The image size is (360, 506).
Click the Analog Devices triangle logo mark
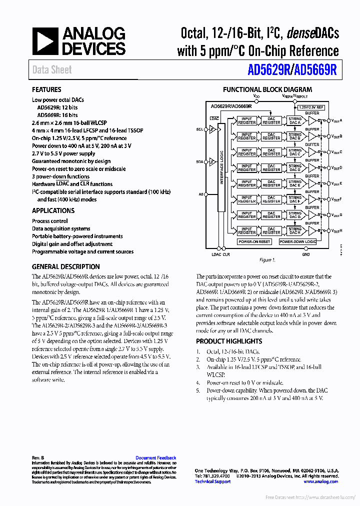[44, 41]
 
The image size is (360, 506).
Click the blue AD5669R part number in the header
[316, 70]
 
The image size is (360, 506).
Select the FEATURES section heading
[46, 90]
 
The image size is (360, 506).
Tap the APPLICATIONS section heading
[53, 210]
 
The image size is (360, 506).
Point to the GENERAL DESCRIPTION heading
[65, 266]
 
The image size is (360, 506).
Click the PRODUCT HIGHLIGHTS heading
[228, 341]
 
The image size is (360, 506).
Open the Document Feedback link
[155, 458]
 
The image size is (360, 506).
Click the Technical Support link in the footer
[212, 481]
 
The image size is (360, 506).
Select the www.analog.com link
[320, 481]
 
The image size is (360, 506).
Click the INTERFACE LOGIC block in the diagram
[221, 176]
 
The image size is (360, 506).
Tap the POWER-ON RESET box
[254, 242]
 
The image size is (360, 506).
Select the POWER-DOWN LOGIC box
[298, 242]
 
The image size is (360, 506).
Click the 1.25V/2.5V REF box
[311, 107]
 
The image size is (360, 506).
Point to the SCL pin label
[199, 129]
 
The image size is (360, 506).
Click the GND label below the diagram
[306, 254]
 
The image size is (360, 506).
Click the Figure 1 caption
[266, 260]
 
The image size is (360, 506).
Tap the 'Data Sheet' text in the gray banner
[52, 70]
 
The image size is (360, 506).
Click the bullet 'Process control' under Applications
[50, 221]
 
